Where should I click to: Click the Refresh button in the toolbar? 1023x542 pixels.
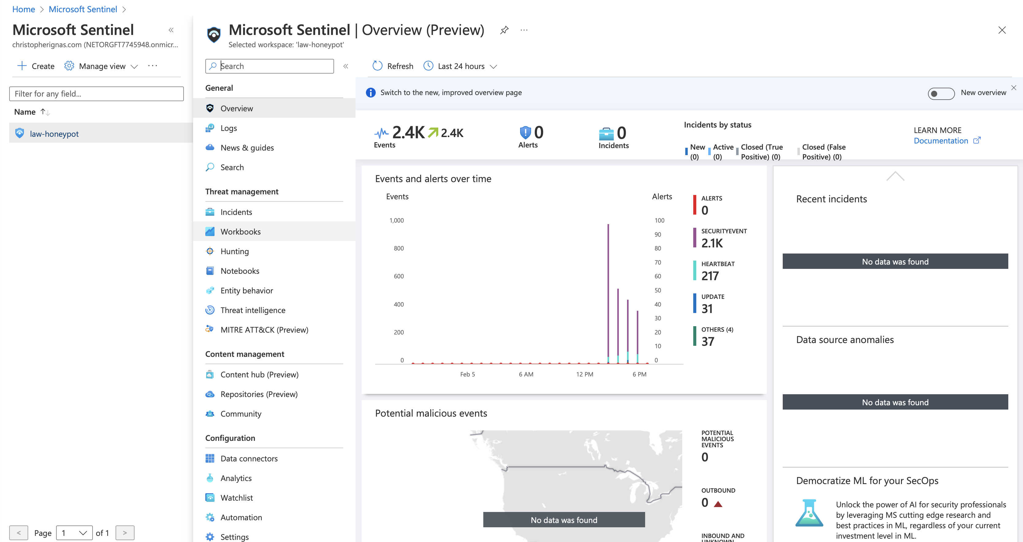(393, 66)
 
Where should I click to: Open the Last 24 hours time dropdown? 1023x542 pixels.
(460, 66)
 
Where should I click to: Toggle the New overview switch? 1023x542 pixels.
(941, 94)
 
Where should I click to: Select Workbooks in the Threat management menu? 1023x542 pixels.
(240, 232)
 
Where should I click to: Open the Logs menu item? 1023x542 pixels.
(228, 128)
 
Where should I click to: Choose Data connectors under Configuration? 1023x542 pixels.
(249, 459)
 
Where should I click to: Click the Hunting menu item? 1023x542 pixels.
(234, 251)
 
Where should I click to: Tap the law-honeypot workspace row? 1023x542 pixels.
(54, 134)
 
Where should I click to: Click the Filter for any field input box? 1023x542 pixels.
(97, 94)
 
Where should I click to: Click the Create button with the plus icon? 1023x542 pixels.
(36, 66)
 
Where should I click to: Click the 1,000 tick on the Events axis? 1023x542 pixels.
(396, 220)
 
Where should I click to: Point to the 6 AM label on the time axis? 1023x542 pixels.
(526, 374)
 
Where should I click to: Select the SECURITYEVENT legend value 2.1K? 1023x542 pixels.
(712, 243)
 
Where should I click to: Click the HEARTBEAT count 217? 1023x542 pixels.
(710, 276)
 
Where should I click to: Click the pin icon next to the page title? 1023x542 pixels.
(504, 30)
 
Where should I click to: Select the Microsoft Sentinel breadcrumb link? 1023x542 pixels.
(83, 9)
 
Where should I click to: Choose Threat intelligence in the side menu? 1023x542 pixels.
(253, 310)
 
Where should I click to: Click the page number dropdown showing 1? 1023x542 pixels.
(74, 533)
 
